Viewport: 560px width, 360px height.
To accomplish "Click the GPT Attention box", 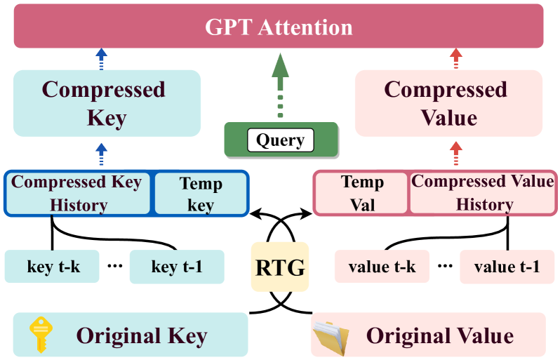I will (279, 27).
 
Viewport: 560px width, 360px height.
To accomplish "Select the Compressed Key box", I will (107, 102).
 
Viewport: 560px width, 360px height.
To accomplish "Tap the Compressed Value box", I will (448, 102).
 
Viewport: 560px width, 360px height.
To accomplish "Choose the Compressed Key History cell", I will (77, 193).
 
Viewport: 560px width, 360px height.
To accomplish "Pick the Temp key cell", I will (201, 193).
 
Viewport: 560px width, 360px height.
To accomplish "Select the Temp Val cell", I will (361, 193).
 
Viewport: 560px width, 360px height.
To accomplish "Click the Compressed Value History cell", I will (483, 193).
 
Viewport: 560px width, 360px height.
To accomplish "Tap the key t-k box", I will (51, 267).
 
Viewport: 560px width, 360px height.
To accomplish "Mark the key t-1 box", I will (176, 267).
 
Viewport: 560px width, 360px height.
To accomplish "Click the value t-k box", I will (382, 267).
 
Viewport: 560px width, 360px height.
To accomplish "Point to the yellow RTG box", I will (279, 267).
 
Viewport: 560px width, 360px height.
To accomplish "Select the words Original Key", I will (141, 335).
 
